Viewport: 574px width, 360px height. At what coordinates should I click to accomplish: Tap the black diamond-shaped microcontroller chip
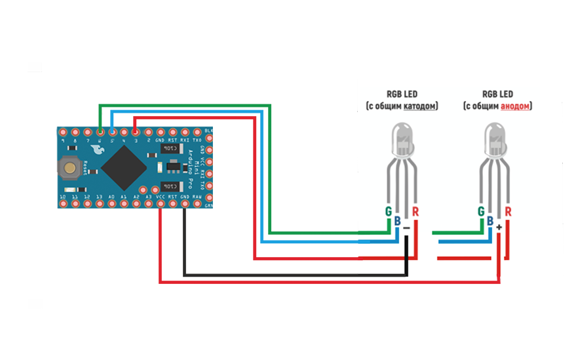(123, 167)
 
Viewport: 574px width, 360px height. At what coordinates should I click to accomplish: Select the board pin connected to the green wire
(99, 132)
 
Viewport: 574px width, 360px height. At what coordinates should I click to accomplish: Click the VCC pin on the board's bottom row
(161, 204)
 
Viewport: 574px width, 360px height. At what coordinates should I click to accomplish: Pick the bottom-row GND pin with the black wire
(185, 204)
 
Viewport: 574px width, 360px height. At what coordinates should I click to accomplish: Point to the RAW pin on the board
(197, 204)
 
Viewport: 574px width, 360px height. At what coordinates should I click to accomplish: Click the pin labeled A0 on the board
(111, 204)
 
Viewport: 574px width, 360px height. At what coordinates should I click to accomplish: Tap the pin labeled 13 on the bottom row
(99, 204)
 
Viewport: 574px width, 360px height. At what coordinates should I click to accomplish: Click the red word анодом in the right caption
(516, 106)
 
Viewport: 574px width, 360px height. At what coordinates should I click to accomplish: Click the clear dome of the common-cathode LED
(402, 139)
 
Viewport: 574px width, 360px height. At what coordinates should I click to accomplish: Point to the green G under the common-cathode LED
(388, 211)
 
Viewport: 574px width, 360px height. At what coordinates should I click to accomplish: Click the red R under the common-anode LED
(508, 211)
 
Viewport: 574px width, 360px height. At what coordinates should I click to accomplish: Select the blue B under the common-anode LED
(490, 222)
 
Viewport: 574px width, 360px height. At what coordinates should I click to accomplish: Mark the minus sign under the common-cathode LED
(407, 227)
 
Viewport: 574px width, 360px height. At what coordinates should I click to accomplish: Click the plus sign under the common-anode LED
(500, 227)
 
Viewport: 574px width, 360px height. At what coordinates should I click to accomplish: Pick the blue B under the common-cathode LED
(397, 222)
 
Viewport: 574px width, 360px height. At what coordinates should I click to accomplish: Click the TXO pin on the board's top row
(197, 132)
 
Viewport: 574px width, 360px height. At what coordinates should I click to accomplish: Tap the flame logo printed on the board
(98, 150)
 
